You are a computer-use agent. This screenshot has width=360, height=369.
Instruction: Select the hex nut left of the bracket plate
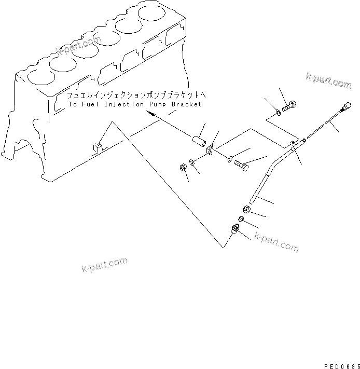pos(183,167)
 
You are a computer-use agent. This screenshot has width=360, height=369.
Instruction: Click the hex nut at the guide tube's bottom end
pos(247,209)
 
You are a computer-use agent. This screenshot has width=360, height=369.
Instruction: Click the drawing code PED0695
pos(340,365)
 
